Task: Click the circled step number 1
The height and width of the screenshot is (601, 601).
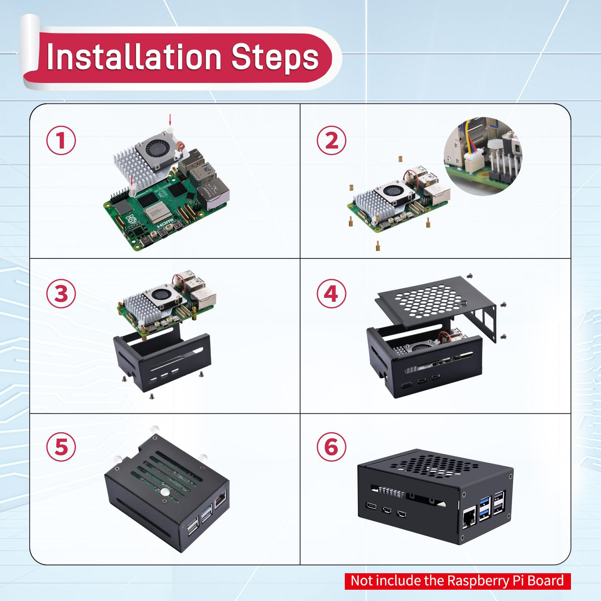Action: (61, 140)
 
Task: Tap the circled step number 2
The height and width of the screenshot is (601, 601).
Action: (331, 140)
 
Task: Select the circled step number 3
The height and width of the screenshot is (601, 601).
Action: (61, 294)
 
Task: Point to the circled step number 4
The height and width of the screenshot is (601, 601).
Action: (331, 294)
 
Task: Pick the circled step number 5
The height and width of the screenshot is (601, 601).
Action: (61, 447)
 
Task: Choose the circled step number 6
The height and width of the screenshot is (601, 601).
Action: (331, 447)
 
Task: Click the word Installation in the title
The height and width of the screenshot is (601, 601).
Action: (134, 57)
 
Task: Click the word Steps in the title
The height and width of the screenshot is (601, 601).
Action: (275, 57)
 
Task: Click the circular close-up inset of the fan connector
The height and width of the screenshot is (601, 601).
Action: (483, 156)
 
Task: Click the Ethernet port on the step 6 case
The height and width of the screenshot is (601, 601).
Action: (468, 517)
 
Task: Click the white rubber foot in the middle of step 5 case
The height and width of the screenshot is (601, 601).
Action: (164, 492)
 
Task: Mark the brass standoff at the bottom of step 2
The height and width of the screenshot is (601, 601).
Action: (378, 246)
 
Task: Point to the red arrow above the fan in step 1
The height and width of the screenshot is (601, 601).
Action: (170, 119)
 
